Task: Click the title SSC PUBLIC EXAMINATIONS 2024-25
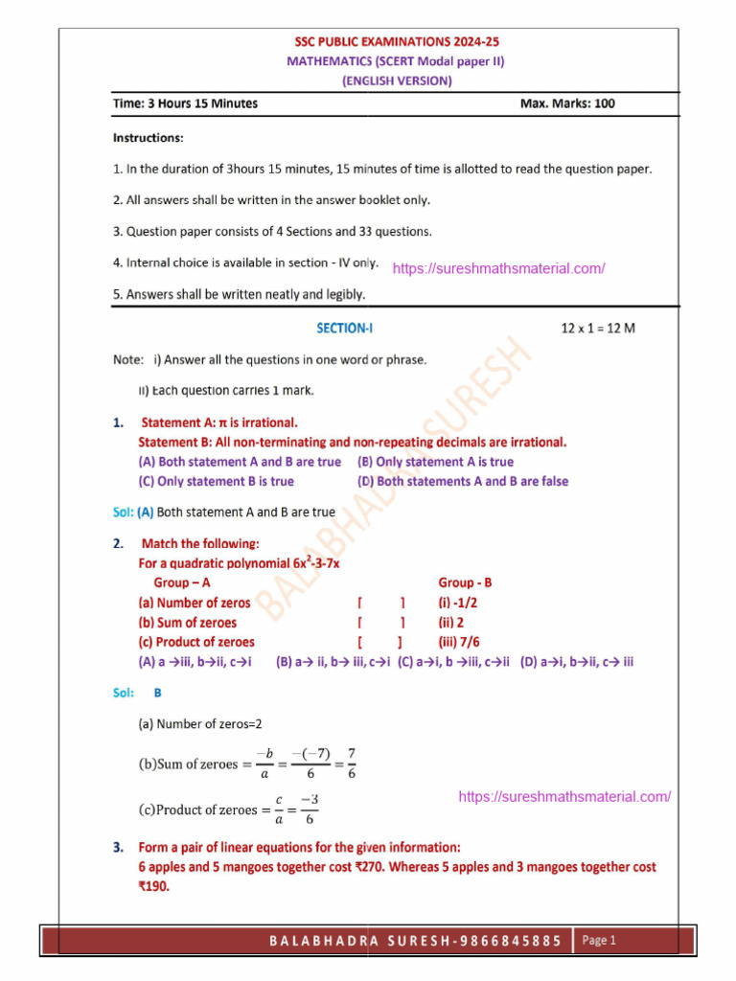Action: [x=396, y=42]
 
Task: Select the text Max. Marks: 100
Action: [x=567, y=103]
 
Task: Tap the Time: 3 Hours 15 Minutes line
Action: [x=185, y=103]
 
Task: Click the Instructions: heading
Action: [x=149, y=138]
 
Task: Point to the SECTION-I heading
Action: [x=345, y=329]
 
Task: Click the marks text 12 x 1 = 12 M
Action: [x=598, y=329]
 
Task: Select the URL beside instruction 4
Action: [x=498, y=268]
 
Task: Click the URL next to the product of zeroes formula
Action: [x=564, y=796]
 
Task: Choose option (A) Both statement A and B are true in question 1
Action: [x=240, y=462]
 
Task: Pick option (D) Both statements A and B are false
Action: [x=463, y=481]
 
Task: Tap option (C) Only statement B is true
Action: [x=217, y=481]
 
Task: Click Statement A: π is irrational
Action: [x=219, y=422]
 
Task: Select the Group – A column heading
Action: [x=182, y=582]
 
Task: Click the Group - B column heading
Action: [x=465, y=582]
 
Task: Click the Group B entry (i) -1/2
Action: [x=458, y=603]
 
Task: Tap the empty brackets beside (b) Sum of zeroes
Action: [x=380, y=623]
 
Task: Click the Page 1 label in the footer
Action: [x=599, y=940]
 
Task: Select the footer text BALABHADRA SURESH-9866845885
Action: [x=415, y=941]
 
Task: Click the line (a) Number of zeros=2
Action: [x=200, y=724]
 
